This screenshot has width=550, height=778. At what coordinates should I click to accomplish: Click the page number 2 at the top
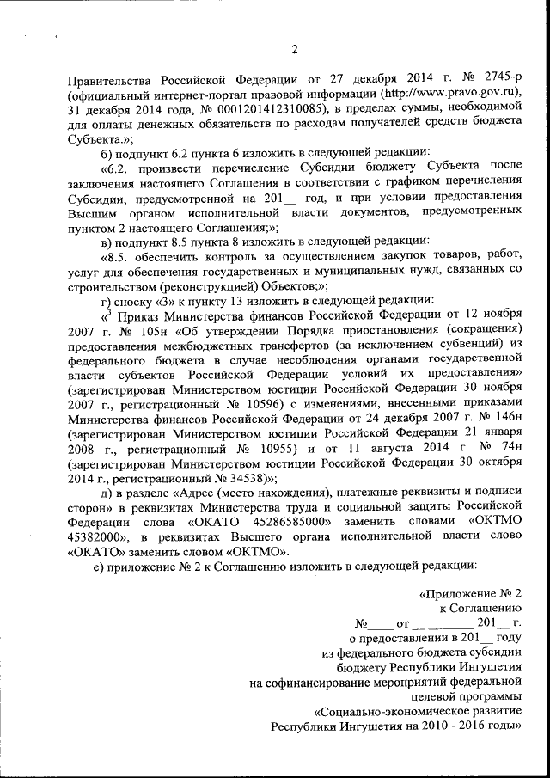coord(294,48)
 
